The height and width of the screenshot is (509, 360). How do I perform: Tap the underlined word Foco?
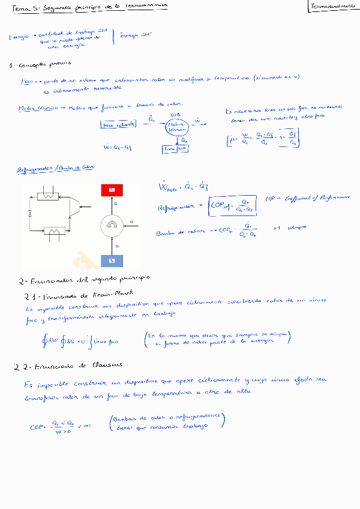pyautogui.click(x=28, y=80)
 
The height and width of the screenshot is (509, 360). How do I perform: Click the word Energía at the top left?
pyautogui.click(x=17, y=37)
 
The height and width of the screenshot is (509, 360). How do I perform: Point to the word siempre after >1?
pyautogui.click(x=298, y=227)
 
